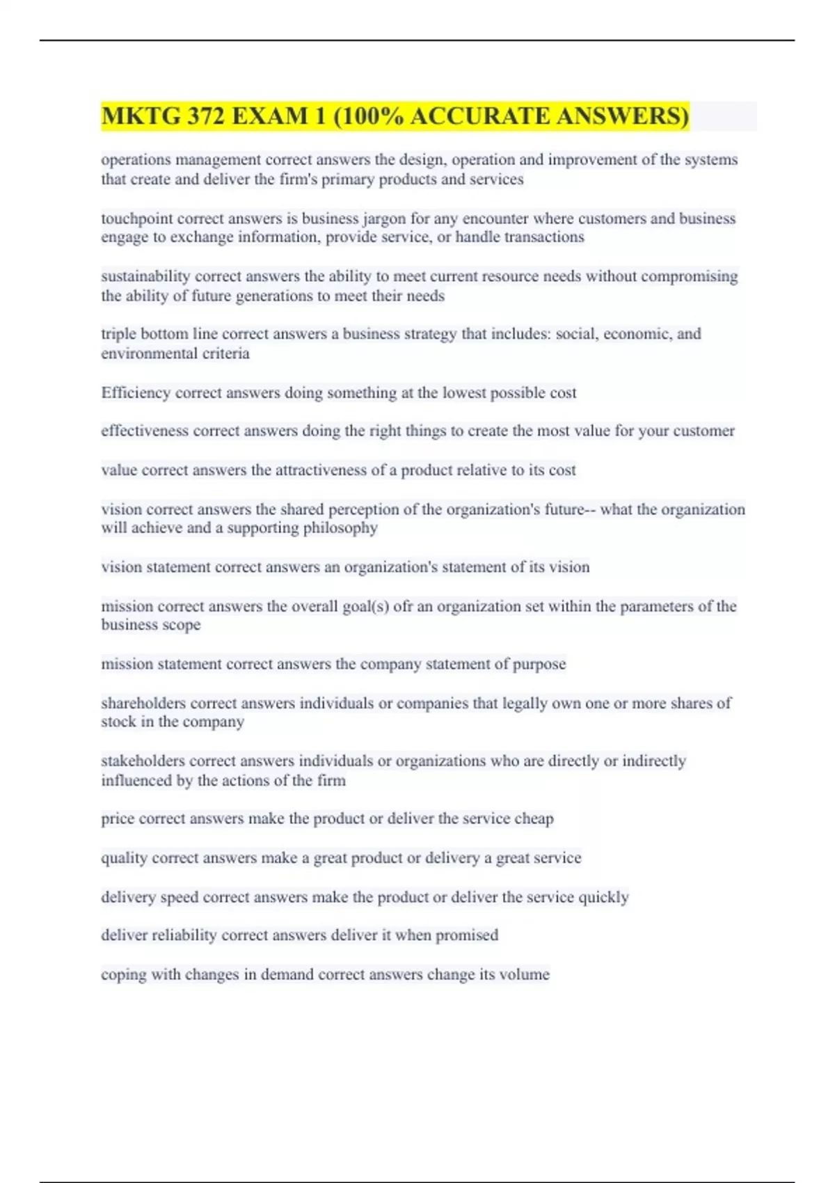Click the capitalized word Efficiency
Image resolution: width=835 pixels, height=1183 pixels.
click(136, 392)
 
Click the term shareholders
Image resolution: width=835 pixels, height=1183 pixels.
click(143, 703)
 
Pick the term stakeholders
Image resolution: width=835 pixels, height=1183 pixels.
click(143, 761)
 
